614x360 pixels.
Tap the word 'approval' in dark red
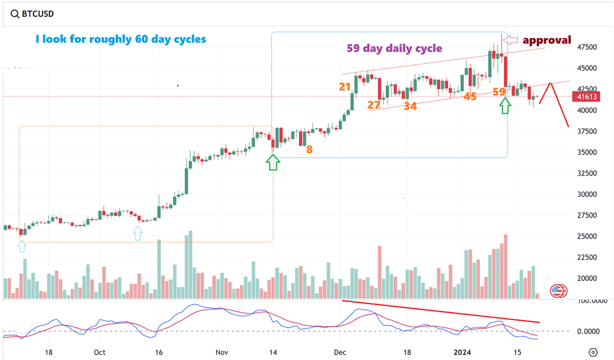click(x=547, y=40)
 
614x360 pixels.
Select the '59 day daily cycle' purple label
click(x=394, y=48)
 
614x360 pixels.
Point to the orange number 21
click(x=345, y=86)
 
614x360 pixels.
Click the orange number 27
click(x=374, y=105)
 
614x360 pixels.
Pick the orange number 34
click(x=410, y=106)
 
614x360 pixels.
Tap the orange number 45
click(x=470, y=96)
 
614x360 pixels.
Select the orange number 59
click(x=498, y=92)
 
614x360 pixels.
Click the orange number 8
click(x=309, y=149)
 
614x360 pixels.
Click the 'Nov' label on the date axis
click(x=221, y=352)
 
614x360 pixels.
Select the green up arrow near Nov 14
click(x=273, y=161)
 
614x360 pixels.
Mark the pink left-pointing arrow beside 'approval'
click(x=510, y=40)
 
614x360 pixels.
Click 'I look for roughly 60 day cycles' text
click(x=121, y=39)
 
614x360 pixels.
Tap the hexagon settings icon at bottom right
click(x=594, y=352)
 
